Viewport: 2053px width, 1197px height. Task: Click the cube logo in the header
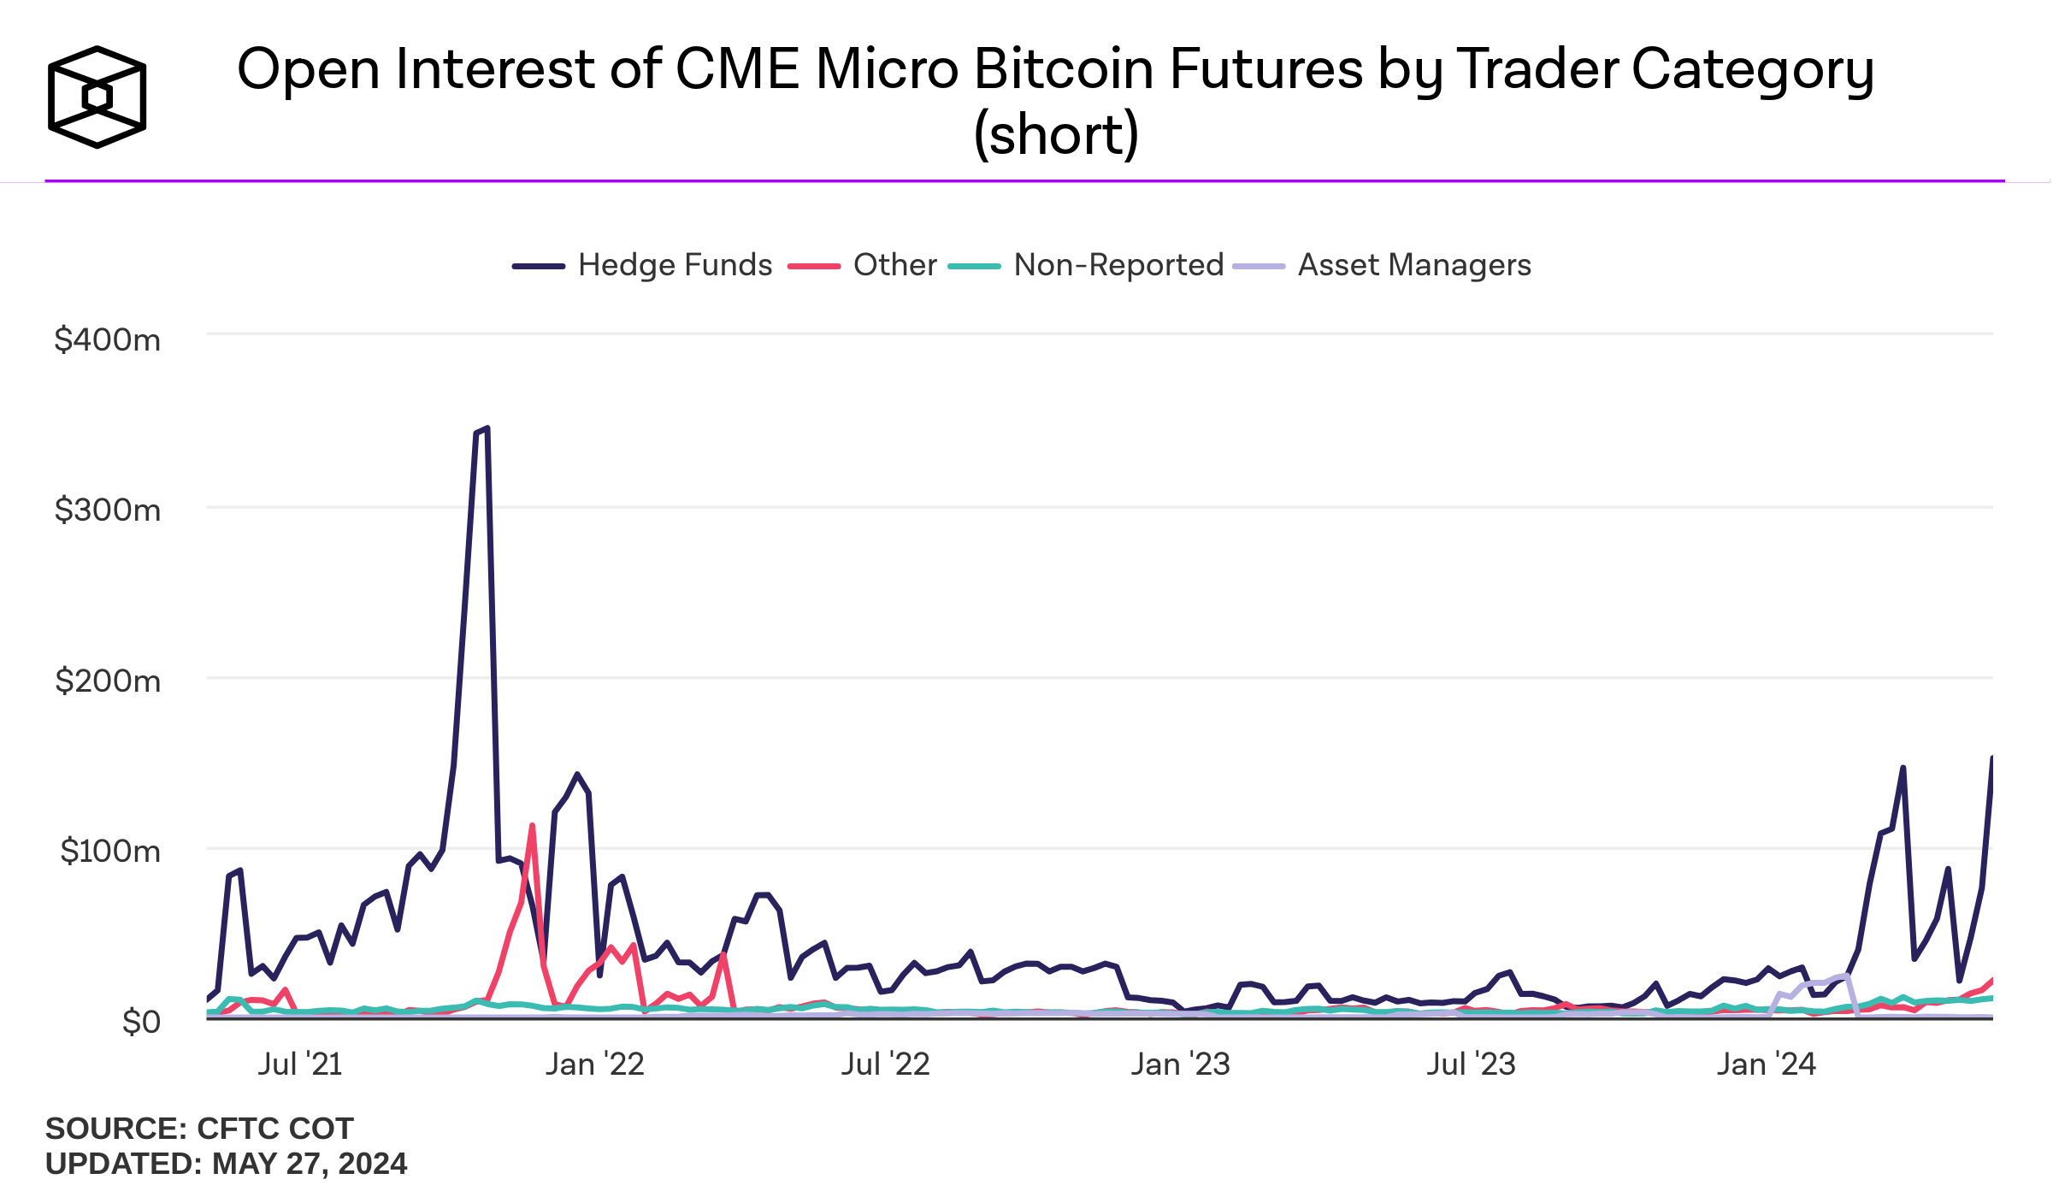pyautogui.click(x=97, y=97)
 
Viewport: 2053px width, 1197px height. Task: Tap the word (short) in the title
pyautogui.click(x=1056, y=135)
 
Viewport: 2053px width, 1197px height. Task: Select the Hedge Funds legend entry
pyautogui.click(x=642, y=265)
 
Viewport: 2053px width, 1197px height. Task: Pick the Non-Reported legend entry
pyautogui.click(x=1086, y=265)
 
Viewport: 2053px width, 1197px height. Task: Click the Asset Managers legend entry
pyautogui.click(x=1382, y=265)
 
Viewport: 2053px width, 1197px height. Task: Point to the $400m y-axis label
pyautogui.click(x=108, y=339)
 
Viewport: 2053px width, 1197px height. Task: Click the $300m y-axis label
pyautogui.click(x=108, y=510)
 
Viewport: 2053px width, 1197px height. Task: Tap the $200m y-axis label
pyautogui.click(x=108, y=681)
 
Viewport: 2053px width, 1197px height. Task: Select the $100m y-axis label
pyautogui.click(x=110, y=851)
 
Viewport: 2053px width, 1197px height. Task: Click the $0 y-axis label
pyautogui.click(x=141, y=1021)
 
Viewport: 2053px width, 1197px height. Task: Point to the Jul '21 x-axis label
pyautogui.click(x=300, y=1064)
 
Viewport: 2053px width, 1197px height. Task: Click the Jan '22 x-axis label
pyautogui.click(x=595, y=1064)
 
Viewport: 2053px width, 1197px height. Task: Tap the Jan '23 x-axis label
pyautogui.click(x=1180, y=1064)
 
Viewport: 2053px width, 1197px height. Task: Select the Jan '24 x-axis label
pyautogui.click(x=1766, y=1064)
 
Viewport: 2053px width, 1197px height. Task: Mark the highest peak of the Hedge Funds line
pyautogui.click(x=487, y=428)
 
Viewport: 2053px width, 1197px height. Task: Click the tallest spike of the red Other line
pyautogui.click(x=532, y=826)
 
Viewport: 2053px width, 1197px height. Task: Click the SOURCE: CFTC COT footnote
pyautogui.click(x=199, y=1129)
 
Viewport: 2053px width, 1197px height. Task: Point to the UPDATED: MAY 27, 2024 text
pyautogui.click(x=226, y=1164)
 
